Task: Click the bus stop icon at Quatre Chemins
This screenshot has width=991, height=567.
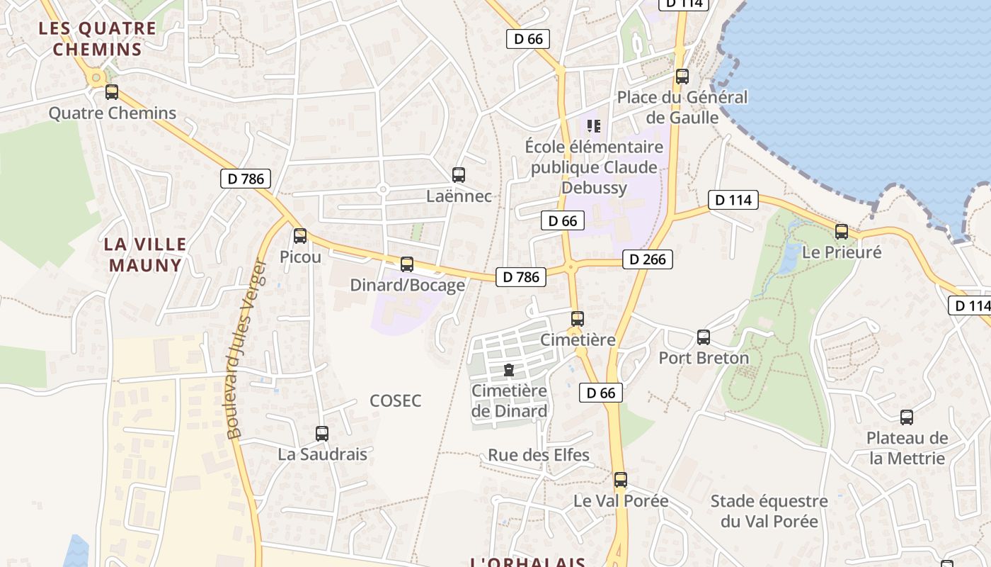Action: tap(112, 92)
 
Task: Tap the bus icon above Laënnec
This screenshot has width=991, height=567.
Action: tap(459, 174)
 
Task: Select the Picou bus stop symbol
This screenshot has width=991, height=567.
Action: tap(300, 236)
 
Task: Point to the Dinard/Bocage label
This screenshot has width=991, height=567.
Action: tap(408, 285)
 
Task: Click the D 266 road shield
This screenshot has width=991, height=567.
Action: tap(648, 259)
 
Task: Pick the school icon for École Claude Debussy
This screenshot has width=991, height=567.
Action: tap(594, 126)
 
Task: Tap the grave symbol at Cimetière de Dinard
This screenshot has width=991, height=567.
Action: tap(508, 369)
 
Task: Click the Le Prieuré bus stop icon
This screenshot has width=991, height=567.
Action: tap(842, 232)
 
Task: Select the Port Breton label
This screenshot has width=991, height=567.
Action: tap(704, 358)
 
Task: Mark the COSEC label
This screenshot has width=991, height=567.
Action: tap(396, 401)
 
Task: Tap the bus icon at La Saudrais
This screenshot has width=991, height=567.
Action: tap(322, 433)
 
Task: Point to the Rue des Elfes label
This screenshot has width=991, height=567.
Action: tap(539, 455)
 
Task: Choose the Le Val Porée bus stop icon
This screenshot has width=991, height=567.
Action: tap(621, 480)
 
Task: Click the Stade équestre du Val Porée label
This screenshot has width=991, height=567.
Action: tap(769, 511)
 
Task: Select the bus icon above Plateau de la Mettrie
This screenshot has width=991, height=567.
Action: tap(907, 417)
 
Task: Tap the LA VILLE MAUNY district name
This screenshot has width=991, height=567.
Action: tap(145, 254)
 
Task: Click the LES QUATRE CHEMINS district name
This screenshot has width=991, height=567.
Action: tap(98, 39)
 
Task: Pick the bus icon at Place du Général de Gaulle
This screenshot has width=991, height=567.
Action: tap(682, 77)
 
